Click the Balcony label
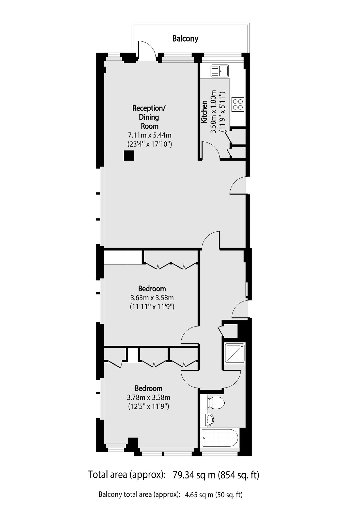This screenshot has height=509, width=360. tap(185, 38)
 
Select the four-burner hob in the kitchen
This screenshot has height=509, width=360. tap(238, 104)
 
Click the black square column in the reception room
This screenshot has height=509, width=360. tap(129, 156)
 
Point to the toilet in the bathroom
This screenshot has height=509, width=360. tap(217, 402)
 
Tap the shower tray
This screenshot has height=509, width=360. tap(234, 353)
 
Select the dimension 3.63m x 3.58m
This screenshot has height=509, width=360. tap(152, 297)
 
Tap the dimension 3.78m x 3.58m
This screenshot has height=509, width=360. tap(149, 397)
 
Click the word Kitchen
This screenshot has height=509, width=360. tap(204, 112)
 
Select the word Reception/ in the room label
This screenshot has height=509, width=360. tap(149, 108)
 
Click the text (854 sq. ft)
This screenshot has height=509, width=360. tap(238, 475)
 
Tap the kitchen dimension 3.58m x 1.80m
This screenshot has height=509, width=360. tap(214, 112)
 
